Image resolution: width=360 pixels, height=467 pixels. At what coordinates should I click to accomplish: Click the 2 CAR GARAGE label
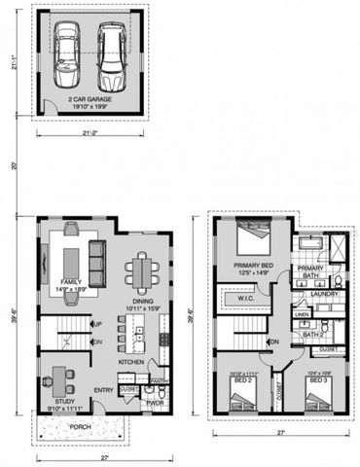pos(90,100)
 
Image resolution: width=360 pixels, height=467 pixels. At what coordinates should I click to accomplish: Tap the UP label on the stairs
pos(97,324)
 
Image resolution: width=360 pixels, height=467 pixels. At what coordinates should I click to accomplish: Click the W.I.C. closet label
pos(245,299)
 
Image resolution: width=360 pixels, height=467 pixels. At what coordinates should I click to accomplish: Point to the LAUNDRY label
pos(324,294)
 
